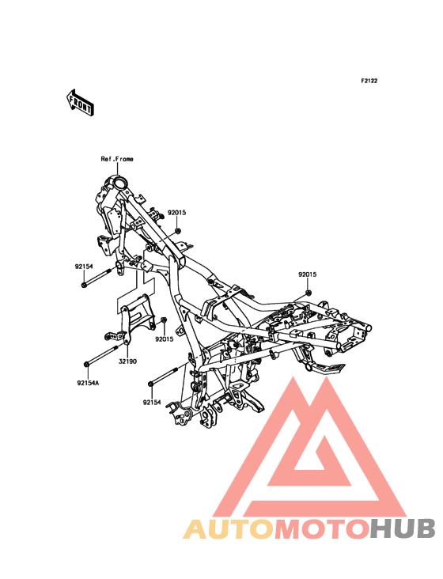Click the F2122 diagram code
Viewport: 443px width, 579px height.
369,81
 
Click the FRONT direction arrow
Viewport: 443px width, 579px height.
80,102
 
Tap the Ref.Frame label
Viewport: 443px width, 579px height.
117,159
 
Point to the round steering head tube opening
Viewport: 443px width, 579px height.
120,183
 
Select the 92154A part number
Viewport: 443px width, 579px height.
88,383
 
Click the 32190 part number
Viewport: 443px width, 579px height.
127,361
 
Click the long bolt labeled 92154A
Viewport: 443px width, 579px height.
101,356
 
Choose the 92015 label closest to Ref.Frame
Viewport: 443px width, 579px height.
177,213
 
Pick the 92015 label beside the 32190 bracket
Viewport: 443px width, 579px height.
165,339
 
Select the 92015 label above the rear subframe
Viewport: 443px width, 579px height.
308,274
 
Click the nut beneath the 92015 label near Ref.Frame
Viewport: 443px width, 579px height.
177,231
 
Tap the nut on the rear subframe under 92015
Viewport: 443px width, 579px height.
309,293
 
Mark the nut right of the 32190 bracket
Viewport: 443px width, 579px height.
165,320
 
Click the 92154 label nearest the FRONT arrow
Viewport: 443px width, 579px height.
84,267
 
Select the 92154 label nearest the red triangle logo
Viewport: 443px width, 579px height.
152,402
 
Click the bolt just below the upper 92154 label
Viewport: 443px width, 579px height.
97,278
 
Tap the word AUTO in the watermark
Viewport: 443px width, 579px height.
229,528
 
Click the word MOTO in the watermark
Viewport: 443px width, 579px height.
322,528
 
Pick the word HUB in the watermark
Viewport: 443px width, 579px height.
403,528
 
